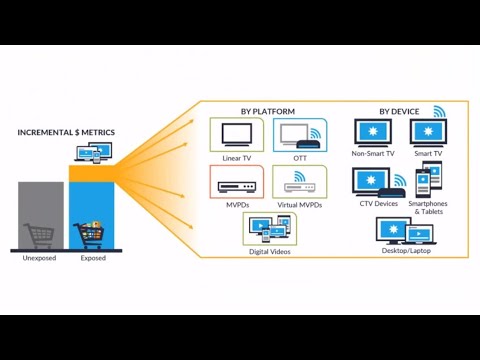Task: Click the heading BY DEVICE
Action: (399, 110)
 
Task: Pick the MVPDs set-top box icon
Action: (236, 182)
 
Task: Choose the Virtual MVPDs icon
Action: (298, 181)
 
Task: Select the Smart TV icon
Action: (429, 133)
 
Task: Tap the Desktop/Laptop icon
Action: (403, 229)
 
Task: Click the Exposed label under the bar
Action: (93, 258)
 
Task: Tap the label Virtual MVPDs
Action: (298, 203)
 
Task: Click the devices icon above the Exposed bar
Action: (93, 154)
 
